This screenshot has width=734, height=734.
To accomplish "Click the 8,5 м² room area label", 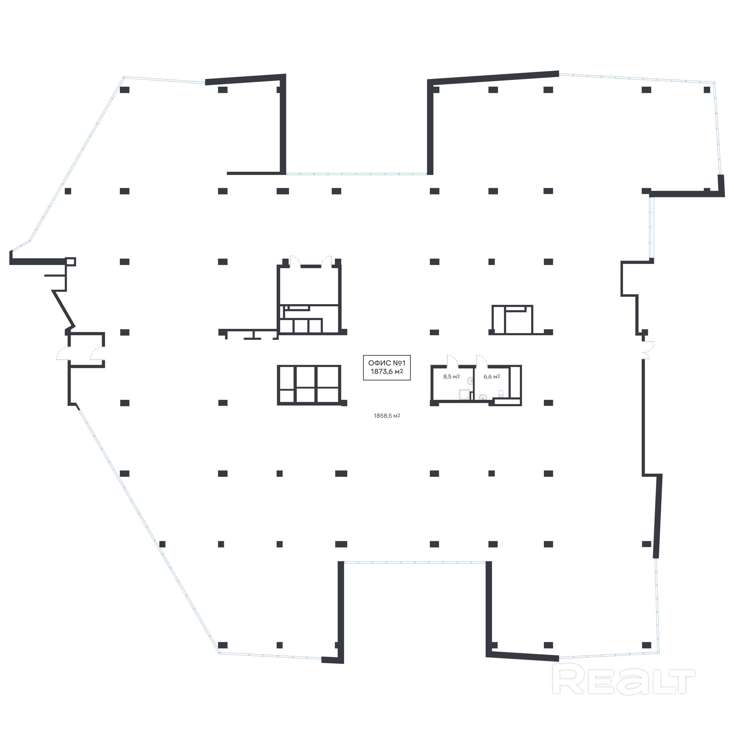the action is (451, 377).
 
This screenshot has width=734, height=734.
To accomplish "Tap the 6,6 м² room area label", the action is (492, 377).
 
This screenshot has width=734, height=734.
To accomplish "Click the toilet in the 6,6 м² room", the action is (501, 393).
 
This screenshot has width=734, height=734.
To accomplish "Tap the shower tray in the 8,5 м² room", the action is (464, 394).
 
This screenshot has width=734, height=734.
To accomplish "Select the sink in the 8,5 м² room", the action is (470, 380).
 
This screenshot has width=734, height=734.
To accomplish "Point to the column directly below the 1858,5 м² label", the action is (434, 473).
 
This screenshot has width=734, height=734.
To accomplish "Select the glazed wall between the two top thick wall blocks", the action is (356, 174).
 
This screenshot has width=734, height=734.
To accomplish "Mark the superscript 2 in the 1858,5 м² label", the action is (399, 415).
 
